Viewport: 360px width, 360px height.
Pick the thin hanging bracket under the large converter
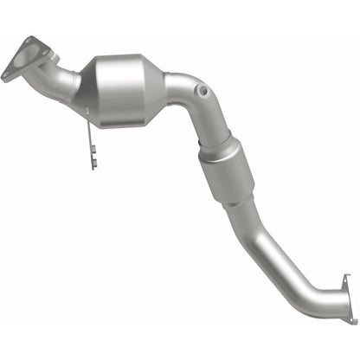[x=89, y=138]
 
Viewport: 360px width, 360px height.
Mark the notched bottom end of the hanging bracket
[x=93, y=164]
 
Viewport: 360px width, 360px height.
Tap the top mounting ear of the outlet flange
[x=346, y=278]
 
